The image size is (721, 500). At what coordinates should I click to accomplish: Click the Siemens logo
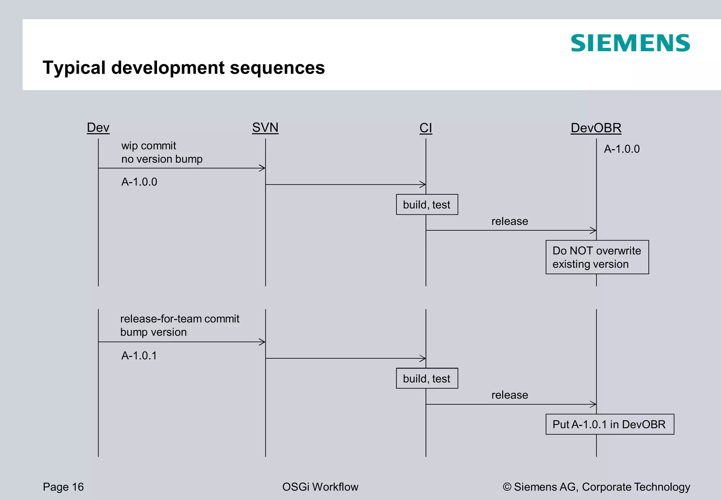click(630, 43)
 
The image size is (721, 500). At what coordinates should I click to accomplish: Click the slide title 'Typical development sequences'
click(183, 67)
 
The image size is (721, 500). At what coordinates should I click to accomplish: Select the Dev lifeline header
click(98, 128)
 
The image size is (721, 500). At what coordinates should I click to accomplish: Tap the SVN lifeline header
click(265, 128)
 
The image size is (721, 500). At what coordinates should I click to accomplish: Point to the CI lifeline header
click(426, 128)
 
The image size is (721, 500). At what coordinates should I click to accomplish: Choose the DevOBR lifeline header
click(596, 128)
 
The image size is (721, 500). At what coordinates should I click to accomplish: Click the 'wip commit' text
click(149, 146)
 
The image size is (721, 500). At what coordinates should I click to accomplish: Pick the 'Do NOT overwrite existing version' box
click(597, 257)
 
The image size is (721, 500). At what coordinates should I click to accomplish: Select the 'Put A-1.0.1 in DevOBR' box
click(609, 424)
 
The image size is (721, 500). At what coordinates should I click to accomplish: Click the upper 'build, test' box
click(427, 205)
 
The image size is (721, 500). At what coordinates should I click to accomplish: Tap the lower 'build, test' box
click(427, 378)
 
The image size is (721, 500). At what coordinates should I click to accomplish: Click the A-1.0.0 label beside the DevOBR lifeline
click(622, 149)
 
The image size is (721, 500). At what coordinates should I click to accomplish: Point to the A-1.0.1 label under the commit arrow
click(139, 356)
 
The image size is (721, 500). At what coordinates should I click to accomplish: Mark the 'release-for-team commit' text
click(180, 319)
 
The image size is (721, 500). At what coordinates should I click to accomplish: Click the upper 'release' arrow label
click(509, 221)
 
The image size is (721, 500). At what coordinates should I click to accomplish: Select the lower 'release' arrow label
click(509, 395)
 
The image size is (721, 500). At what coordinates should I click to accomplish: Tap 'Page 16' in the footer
click(63, 487)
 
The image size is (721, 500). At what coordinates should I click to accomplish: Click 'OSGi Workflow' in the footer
click(320, 487)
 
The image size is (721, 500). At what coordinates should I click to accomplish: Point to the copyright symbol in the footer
click(507, 487)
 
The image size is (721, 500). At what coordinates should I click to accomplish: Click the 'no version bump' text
click(162, 159)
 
